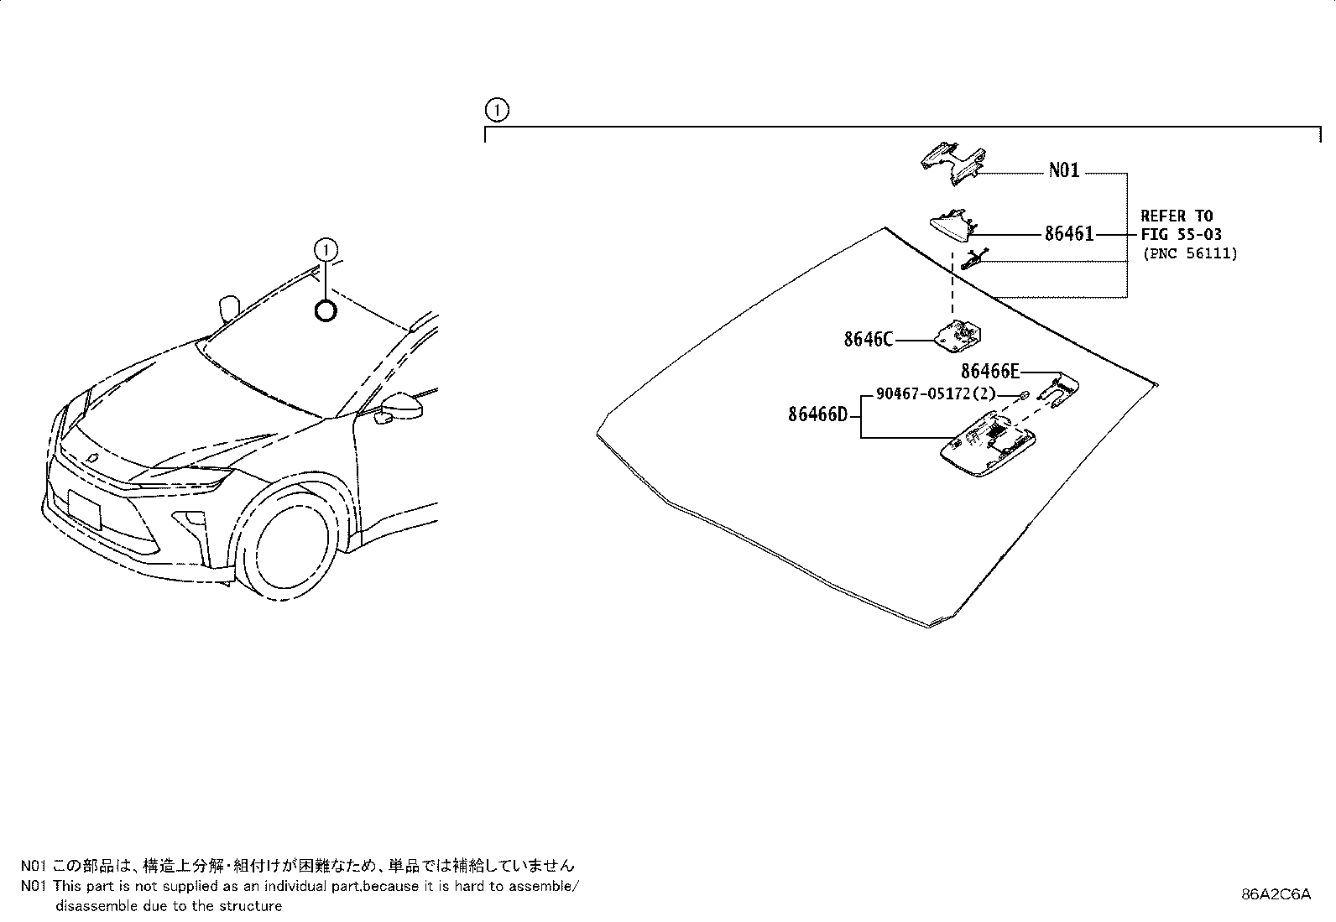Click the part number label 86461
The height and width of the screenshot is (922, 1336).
point(1069,234)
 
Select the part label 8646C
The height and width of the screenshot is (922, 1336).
point(869,340)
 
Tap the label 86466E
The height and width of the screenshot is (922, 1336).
point(990,372)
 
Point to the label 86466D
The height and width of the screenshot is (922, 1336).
point(818,414)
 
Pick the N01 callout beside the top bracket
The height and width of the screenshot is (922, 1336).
point(1064,171)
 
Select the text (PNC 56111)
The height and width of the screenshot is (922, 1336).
point(1189,253)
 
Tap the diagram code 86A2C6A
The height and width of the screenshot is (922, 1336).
point(1276,894)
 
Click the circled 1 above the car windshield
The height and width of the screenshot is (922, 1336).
point(326,249)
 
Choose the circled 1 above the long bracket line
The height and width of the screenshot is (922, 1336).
point(497,110)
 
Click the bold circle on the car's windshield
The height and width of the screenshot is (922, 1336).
point(326,311)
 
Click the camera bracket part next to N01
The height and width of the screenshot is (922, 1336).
point(952,160)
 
